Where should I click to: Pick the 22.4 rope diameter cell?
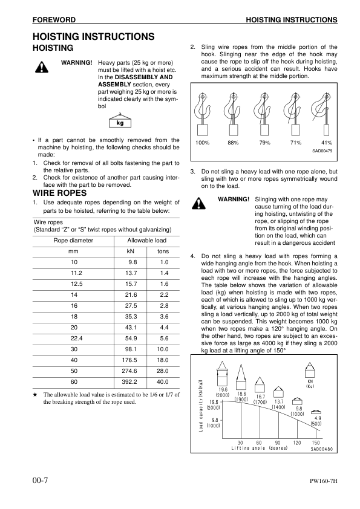coord(74,339)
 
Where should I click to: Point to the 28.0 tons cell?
coord(163,371)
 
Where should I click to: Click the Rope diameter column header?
coord(74,241)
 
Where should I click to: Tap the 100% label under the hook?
coord(203,143)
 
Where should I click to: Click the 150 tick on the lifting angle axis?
coord(315,443)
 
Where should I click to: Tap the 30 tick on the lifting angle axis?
coord(240,443)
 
